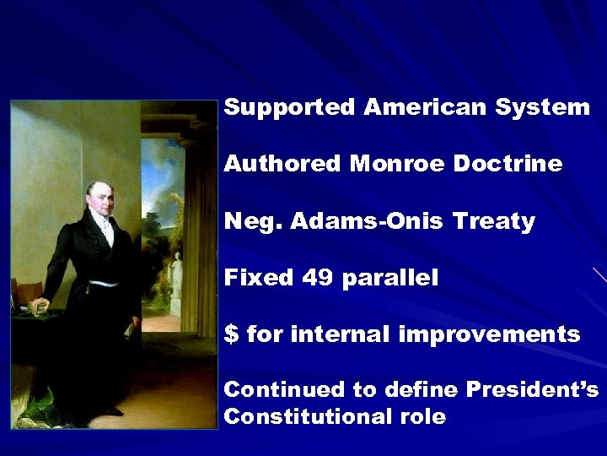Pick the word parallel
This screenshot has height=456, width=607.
click(390, 279)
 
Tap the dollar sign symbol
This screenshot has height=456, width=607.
click(231, 334)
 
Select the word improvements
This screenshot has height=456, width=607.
click(489, 334)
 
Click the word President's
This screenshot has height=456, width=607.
click(532, 390)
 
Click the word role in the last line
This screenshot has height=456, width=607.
click(422, 417)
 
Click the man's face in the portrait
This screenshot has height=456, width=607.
click(99, 200)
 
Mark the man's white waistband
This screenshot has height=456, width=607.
click(103, 284)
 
